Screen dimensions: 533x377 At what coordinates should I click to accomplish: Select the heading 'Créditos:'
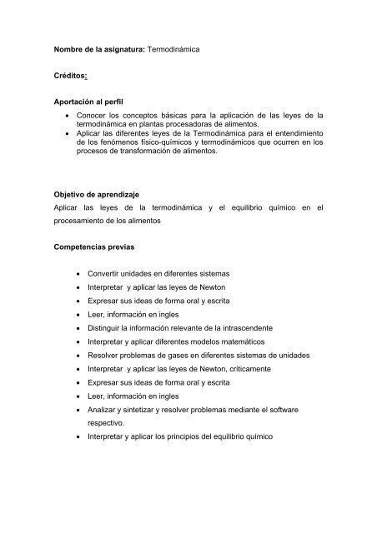(x=73, y=75)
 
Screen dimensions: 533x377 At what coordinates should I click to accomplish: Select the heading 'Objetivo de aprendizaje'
(x=102, y=196)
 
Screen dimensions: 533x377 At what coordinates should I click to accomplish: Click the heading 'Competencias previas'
(x=96, y=247)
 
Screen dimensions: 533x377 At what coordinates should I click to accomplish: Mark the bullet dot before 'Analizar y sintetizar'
(x=78, y=409)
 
